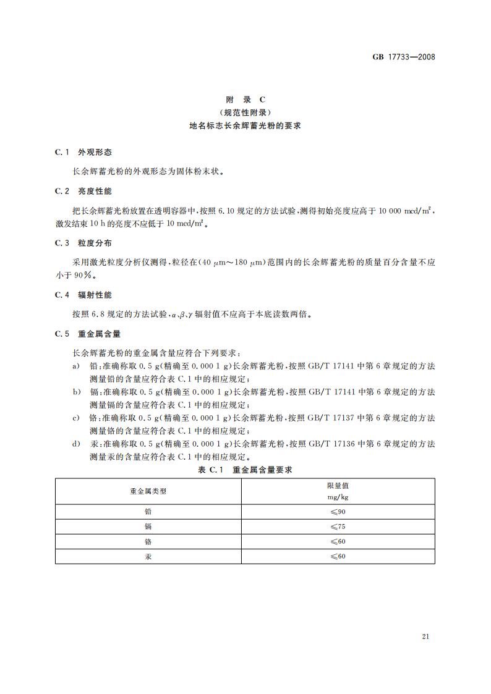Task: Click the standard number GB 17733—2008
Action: tap(404, 57)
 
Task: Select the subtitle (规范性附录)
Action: tap(245, 112)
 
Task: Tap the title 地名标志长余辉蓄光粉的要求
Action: tap(245, 125)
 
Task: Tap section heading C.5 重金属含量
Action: tap(87, 334)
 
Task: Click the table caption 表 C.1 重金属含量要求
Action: tap(245, 470)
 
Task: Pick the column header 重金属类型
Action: tap(148, 491)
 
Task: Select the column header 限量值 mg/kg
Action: tap(337, 491)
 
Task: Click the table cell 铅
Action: tap(148, 512)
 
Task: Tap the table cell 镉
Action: tap(148, 527)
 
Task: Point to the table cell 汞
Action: tap(148, 556)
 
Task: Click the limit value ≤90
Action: tap(337, 512)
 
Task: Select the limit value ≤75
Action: tap(337, 527)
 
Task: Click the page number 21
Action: tap(425, 637)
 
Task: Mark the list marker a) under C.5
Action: tap(76, 366)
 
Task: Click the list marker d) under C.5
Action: tap(76, 444)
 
